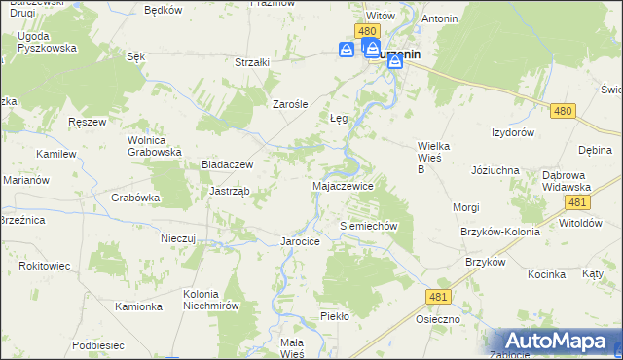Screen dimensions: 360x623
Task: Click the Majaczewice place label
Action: click(x=342, y=185)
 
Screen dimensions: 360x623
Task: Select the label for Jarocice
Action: click(x=300, y=240)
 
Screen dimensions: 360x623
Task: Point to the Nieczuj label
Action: click(x=179, y=237)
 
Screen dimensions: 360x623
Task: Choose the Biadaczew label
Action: click(x=227, y=165)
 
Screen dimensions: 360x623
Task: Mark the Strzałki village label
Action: click(x=252, y=62)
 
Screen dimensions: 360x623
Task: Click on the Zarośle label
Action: click(x=290, y=104)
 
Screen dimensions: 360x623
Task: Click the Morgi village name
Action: click(x=466, y=207)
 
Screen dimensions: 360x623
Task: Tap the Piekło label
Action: click(x=334, y=316)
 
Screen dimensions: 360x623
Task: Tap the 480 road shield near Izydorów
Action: click(x=562, y=112)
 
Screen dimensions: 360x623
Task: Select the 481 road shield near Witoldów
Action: click(x=577, y=201)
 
